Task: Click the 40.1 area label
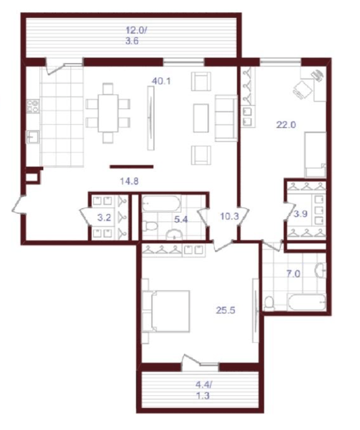[x=161, y=81]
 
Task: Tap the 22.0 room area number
[x=286, y=125]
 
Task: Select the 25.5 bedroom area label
[x=225, y=310]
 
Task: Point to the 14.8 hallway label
[x=129, y=181]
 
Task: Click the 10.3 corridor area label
[x=229, y=216]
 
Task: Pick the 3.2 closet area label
[x=105, y=218]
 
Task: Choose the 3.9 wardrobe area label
[x=301, y=214]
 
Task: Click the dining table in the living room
[x=108, y=113]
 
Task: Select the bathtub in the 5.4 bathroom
[x=161, y=203]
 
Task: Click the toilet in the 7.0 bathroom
[x=270, y=303]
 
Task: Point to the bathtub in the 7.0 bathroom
[x=307, y=302]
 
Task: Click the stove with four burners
[x=33, y=106]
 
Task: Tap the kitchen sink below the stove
[x=33, y=137]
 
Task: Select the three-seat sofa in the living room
[x=226, y=118]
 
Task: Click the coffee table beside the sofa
[x=201, y=117]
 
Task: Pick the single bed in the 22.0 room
[x=315, y=155]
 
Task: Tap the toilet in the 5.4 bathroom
[x=150, y=226]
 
